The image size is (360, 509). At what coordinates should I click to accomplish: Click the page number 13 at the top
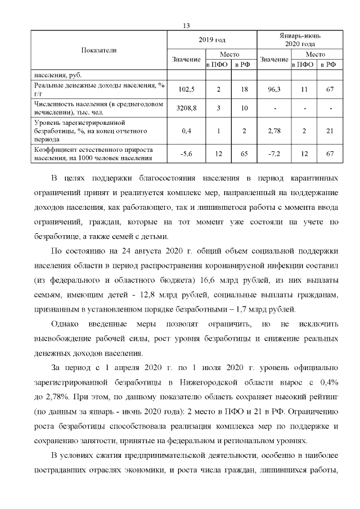(187, 25)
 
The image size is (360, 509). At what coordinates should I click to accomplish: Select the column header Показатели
(99, 50)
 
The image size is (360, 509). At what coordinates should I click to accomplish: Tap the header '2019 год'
(211, 40)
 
